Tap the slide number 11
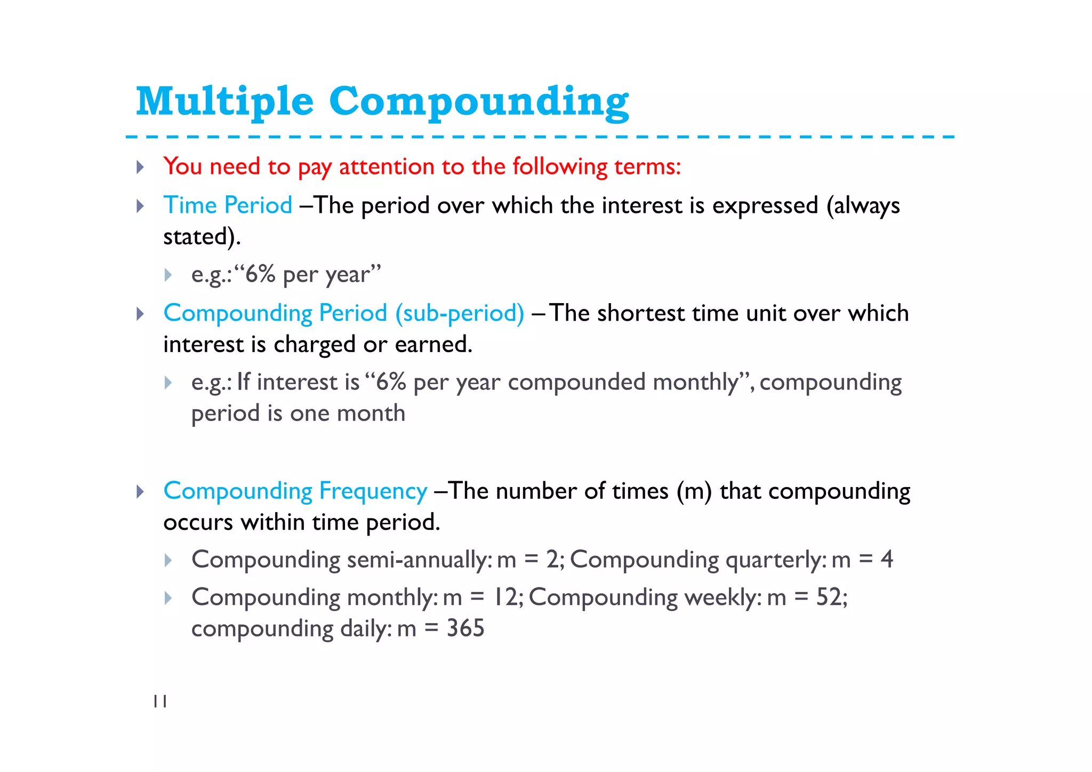coord(160,702)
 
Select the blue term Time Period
coord(228,205)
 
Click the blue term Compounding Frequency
coord(295,491)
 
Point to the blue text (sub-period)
coord(460,313)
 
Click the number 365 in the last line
coord(465,628)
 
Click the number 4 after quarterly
coord(886,560)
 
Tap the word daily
coord(366,628)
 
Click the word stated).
coord(202,237)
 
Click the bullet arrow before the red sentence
coord(140,167)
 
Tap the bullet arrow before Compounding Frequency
coord(140,491)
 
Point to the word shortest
coord(640,313)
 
